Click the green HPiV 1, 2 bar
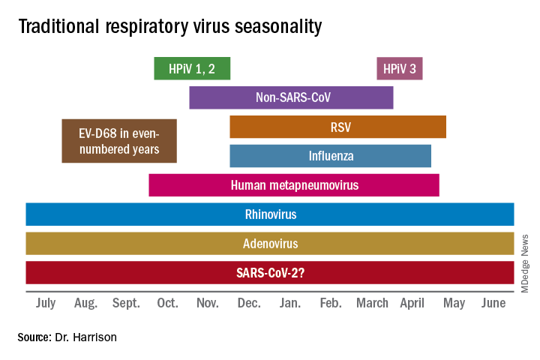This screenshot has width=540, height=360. tap(192, 68)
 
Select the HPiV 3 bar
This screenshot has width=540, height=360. tap(400, 68)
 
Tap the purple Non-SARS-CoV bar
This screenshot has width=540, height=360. tap(291, 97)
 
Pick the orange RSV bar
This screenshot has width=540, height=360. tap(337, 127)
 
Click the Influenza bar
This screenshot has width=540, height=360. tap(330, 156)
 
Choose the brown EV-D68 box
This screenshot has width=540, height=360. tap(119, 141)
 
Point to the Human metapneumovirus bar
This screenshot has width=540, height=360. tap(293, 184)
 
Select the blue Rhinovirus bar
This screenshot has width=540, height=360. tap(270, 214)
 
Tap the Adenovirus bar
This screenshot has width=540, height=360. tap(270, 243)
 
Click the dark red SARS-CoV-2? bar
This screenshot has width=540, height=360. tap(270, 272)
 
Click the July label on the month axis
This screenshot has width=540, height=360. tap(45, 303)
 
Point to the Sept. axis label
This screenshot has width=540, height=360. tap(126, 303)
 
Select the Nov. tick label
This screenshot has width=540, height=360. tap(208, 303)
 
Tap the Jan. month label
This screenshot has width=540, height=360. tap(290, 303)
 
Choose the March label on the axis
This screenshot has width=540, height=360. tap(372, 303)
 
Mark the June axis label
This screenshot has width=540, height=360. tap(493, 303)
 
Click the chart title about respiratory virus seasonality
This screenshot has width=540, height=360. tap(170, 27)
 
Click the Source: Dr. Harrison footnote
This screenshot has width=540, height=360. tap(67, 337)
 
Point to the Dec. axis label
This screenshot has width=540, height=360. tap(249, 303)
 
